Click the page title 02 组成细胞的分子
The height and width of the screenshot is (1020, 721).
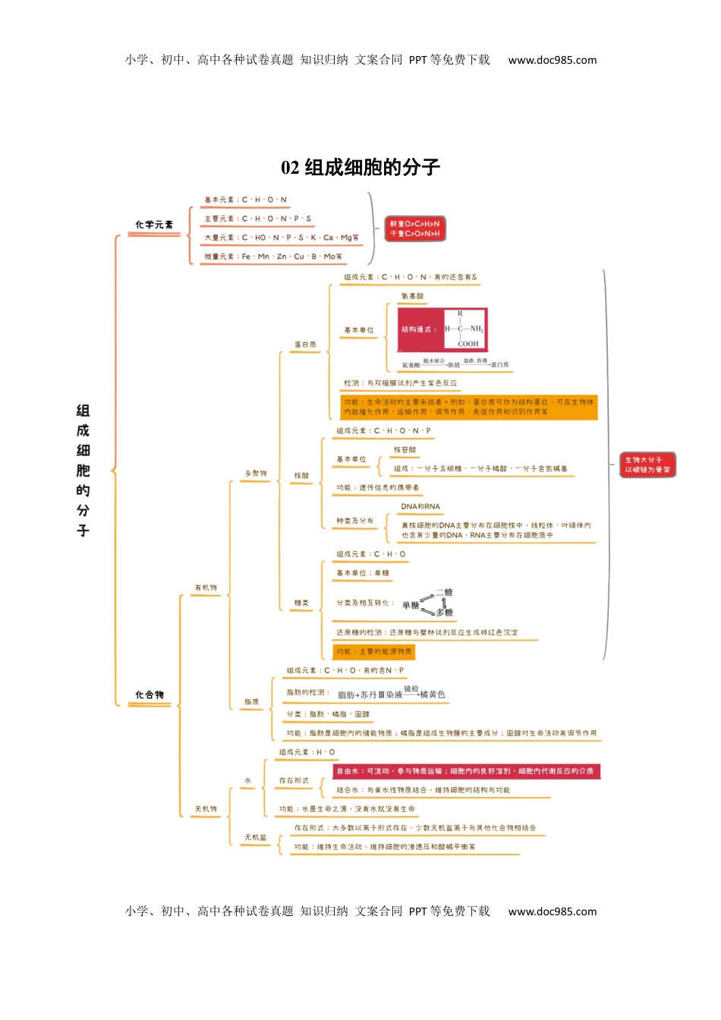coord(360,168)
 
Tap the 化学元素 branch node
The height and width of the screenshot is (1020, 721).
coord(154,225)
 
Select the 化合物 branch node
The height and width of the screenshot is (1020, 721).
coord(150,695)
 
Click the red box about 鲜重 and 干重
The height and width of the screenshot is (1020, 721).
coord(414,228)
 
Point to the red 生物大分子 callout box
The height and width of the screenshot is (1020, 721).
coord(647,464)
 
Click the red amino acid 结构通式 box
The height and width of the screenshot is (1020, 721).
coord(442,329)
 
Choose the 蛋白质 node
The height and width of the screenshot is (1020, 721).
coord(305,345)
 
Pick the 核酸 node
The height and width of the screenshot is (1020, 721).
coord(301,476)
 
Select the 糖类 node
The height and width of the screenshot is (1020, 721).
coord(301,603)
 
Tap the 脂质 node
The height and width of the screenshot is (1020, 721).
coord(252,702)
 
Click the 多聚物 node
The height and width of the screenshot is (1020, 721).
coord(255,474)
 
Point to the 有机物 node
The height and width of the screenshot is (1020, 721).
coord(206,588)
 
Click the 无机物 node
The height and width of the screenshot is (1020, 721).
coord(206,809)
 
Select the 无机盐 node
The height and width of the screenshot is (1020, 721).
coord(255,838)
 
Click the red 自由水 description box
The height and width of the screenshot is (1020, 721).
coord(466,771)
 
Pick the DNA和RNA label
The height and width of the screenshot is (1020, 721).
coord(420,507)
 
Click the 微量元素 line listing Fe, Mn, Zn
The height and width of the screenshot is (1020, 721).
coord(272,257)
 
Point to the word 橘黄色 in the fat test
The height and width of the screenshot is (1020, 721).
coord(433,694)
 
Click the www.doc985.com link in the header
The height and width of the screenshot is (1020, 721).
coord(552,60)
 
